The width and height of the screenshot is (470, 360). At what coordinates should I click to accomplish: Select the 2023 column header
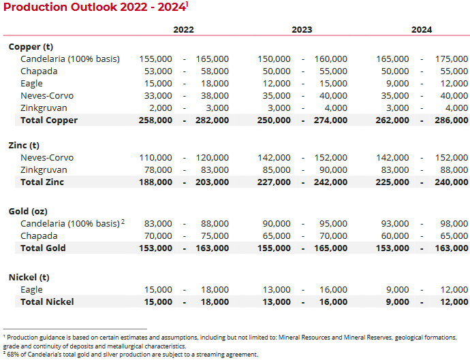302,30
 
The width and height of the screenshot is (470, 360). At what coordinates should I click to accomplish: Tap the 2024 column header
422,30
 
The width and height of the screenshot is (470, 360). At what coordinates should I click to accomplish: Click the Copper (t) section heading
31,47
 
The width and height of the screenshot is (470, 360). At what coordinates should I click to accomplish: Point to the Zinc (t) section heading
24,146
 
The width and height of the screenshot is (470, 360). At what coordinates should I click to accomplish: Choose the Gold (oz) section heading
28,212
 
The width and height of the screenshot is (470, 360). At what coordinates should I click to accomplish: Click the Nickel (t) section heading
28,278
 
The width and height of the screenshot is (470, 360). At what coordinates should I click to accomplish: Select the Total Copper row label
49,120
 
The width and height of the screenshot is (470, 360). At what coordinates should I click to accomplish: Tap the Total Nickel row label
47,301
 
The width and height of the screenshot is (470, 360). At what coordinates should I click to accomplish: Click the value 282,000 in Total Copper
213,120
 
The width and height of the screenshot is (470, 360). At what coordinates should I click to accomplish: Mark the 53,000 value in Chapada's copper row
159,71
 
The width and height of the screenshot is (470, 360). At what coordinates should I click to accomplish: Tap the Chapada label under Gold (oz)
39,236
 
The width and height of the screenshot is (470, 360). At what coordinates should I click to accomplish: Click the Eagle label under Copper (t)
32,84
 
